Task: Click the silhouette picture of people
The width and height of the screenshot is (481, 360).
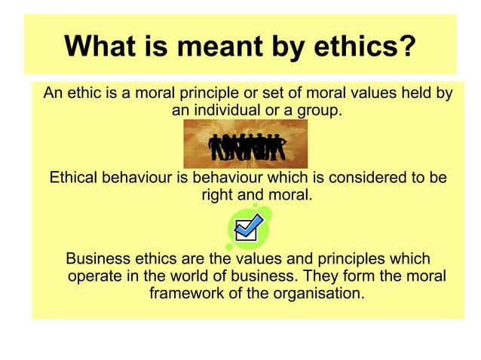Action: (247, 144)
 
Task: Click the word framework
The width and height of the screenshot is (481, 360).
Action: (188, 293)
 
